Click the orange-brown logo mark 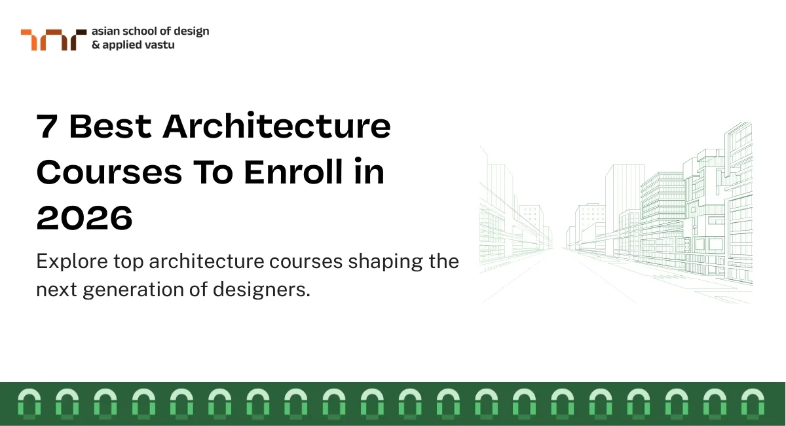pos(53,39)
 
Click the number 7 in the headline pos(47,126)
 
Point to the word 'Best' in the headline pos(110,126)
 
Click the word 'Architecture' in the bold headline pos(277,126)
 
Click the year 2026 pos(84,218)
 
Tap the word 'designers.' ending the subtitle pos(262,290)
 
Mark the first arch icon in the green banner pos(29,402)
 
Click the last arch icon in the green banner pos(753,402)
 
